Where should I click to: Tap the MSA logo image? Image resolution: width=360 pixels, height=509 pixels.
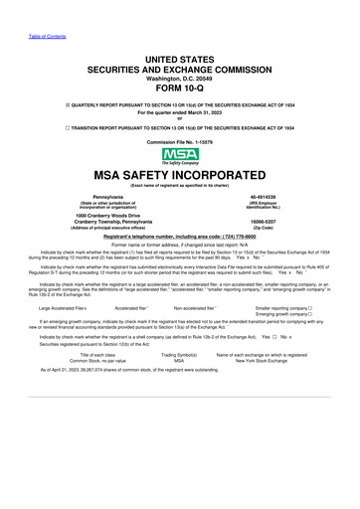(180, 154)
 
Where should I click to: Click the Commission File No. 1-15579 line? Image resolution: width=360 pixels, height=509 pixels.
(180, 142)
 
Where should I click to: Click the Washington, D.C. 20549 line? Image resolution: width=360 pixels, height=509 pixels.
(180, 53)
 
